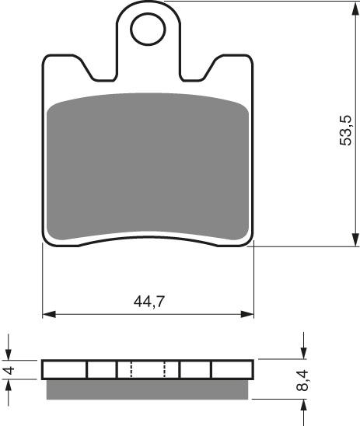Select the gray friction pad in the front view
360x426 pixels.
tap(148, 167)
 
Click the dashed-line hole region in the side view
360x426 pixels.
tap(148, 369)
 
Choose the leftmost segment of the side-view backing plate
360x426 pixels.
tap(65, 369)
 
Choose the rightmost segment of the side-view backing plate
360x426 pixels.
tap(232, 369)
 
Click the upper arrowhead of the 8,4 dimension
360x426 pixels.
tap(302, 354)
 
